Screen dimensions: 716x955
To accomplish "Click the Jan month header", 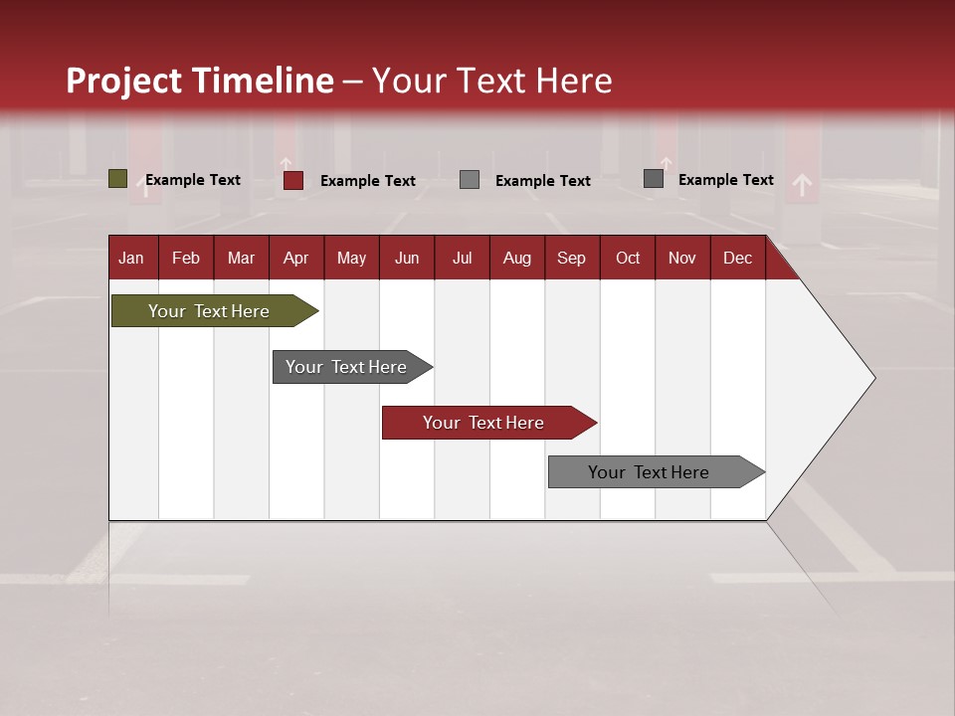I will [131, 258].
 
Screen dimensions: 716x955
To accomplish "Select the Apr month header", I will [295, 258].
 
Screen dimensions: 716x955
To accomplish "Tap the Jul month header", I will [462, 258].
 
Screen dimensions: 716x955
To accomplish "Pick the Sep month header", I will [571, 258].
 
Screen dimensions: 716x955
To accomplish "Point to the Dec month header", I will [737, 258].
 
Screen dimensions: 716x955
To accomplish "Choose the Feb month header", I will [186, 258].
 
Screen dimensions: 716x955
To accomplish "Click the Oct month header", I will [628, 258].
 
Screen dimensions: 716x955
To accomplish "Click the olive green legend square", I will [117, 179].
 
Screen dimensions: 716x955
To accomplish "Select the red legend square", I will [292, 180].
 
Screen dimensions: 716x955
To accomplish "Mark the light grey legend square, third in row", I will [470, 180].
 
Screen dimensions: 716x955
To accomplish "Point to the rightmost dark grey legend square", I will [654, 179].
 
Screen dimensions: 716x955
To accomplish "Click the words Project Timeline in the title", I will [200, 81].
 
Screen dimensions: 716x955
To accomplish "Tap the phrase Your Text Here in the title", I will [492, 81].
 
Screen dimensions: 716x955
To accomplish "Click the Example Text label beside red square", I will [368, 181].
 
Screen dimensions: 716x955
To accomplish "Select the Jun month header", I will [407, 258].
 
